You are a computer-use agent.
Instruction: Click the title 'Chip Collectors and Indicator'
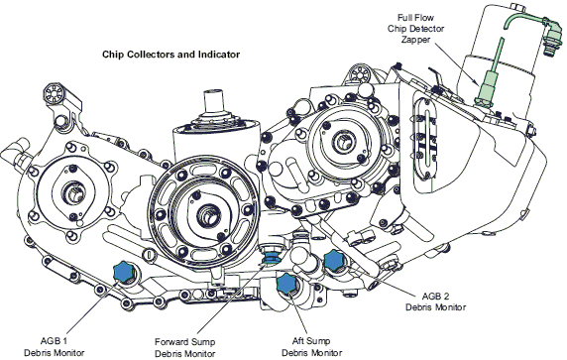click(x=170, y=55)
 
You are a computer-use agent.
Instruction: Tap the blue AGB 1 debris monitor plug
click(x=124, y=272)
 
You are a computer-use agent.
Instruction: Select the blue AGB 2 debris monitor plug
click(x=334, y=260)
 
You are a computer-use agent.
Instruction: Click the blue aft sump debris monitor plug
click(x=286, y=284)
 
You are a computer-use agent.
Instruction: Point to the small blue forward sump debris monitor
click(x=269, y=258)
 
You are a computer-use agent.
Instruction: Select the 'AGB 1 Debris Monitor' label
click(x=55, y=347)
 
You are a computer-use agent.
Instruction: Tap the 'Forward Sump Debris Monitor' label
click(x=184, y=347)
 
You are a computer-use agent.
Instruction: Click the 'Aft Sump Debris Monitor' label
click(x=311, y=347)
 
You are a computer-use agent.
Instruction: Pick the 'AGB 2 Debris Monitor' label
click(x=435, y=301)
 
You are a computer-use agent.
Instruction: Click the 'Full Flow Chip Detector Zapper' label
click(x=415, y=28)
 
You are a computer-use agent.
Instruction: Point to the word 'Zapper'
click(x=415, y=39)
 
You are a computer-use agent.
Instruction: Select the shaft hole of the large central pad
click(x=207, y=216)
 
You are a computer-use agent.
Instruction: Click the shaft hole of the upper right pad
click(x=341, y=142)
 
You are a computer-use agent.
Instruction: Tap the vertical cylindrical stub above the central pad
click(x=213, y=101)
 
